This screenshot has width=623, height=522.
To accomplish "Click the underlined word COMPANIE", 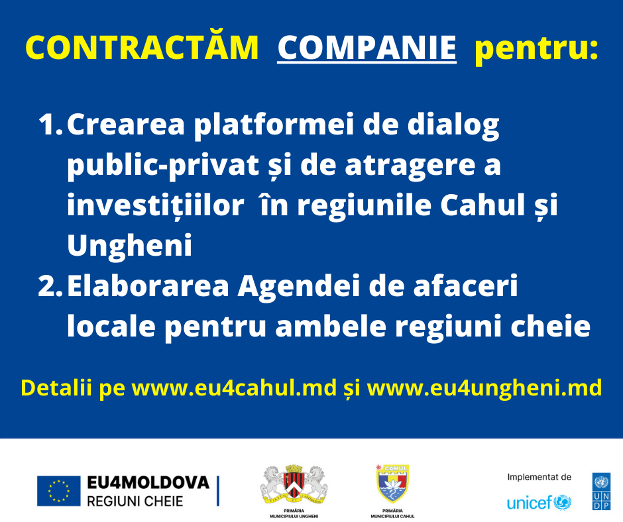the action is (367, 48).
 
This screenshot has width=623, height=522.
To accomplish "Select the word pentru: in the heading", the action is (536, 49).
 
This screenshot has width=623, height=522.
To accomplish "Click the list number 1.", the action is (50, 124).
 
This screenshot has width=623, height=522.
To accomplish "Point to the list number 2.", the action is (50, 286).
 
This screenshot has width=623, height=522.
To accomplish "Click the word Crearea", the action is (126, 124).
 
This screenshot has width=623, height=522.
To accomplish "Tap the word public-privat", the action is (163, 166).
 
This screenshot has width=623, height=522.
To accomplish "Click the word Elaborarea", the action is (148, 286).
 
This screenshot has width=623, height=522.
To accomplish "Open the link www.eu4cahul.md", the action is (234, 388).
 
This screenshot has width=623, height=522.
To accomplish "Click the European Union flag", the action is (59, 491).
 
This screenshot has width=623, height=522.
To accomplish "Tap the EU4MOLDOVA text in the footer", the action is (148, 482).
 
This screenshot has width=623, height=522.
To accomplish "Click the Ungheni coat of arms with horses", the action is (294, 484).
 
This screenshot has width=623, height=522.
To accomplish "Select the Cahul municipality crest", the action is (392, 484).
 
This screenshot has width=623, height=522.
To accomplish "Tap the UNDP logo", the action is (601, 491).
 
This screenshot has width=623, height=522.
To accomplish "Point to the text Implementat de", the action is (539, 477).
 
